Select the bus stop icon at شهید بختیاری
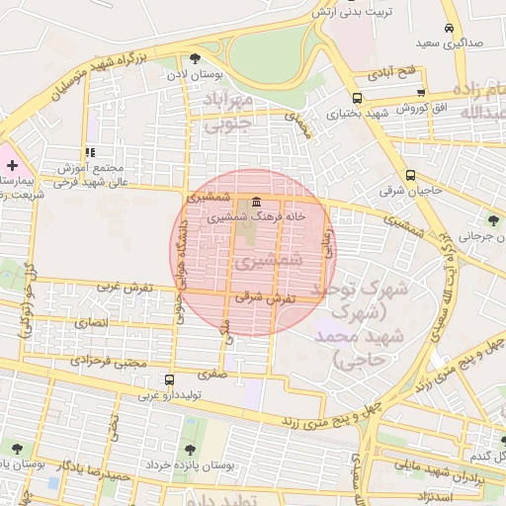click(x=356, y=98)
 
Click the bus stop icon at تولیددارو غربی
click(x=169, y=379)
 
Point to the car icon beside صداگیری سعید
click(x=450, y=29)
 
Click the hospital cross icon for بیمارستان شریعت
click(x=12, y=164)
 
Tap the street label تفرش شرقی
click(x=261, y=296)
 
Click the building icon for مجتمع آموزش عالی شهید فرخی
click(x=90, y=153)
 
